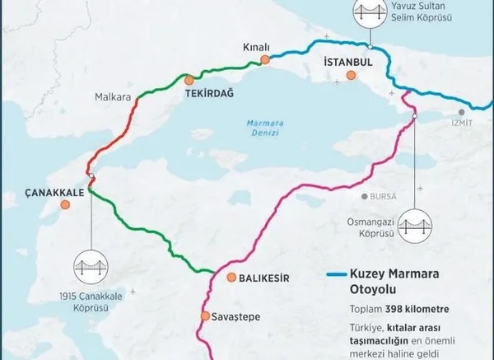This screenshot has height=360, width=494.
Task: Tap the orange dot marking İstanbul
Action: click(x=352, y=76)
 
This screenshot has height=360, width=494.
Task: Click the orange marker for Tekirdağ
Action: click(x=189, y=80)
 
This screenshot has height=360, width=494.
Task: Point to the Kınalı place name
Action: click(x=257, y=48)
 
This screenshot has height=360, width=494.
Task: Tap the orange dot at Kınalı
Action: click(x=264, y=59)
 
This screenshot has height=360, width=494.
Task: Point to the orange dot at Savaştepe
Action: click(x=205, y=316)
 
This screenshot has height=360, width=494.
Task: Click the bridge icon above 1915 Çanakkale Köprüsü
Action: click(x=91, y=265)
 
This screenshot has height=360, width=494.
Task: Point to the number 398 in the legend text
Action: click(x=395, y=311)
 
